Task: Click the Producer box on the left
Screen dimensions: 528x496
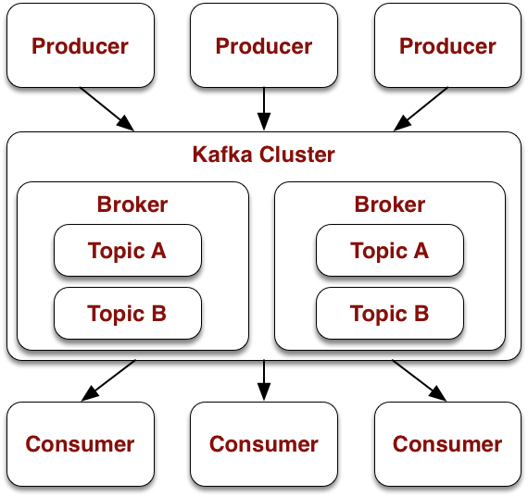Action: pos(81,45)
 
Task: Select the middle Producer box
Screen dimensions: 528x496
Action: pos(264,45)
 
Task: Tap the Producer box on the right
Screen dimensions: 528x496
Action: pos(447,45)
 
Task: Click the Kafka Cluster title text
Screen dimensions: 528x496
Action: pos(264,155)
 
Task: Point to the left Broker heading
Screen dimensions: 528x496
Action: pos(132,205)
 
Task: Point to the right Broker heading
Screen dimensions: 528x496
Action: pos(390,205)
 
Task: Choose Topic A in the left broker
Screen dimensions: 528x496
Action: pos(128,251)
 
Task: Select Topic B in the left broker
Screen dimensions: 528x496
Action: pos(128,314)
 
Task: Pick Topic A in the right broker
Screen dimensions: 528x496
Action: pos(390,251)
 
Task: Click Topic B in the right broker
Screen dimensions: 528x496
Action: pos(390,314)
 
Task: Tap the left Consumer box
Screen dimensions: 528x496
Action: pos(81,444)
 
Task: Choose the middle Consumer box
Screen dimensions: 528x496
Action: pos(264,444)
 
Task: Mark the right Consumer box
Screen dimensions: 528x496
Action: pos(447,444)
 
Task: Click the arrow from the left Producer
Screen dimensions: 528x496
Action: pos(107,109)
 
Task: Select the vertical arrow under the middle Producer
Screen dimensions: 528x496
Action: pos(264,109)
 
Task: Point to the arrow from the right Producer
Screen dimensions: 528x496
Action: pos(421,109)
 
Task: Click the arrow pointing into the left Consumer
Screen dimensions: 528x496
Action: pos(108,380)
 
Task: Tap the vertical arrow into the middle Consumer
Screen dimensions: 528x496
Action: pos(264,380)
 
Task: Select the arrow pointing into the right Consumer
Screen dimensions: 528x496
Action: pos(420,380)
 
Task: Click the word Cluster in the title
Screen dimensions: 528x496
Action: pos(297,155)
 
